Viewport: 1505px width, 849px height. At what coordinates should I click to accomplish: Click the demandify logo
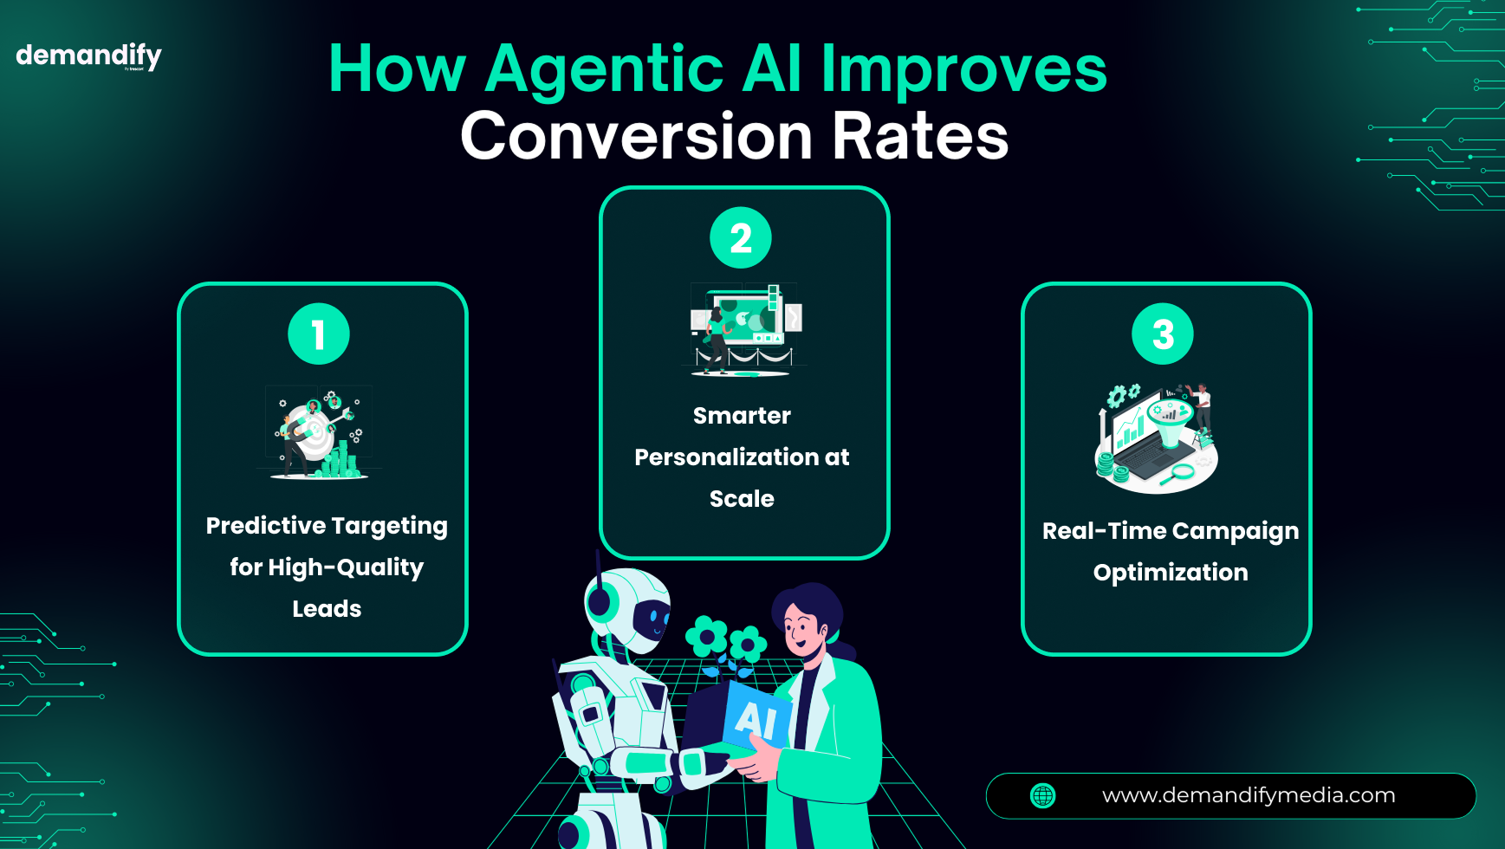coord(88,56)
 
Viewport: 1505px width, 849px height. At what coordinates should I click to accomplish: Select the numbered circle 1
coord(319,334)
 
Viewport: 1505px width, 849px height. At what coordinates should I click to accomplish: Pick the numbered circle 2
coord(741,237)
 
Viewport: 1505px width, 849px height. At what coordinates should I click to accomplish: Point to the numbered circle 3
coord(1163,334)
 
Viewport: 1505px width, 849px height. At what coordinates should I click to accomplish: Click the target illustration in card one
coord(319,432)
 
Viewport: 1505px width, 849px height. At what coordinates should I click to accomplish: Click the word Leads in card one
coord(327,609)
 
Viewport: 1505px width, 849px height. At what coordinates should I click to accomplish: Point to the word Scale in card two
coord(742,499)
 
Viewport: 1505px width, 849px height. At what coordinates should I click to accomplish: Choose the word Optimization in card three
coord(1171,573)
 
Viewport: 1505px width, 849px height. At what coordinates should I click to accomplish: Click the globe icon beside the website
coord(1043,795)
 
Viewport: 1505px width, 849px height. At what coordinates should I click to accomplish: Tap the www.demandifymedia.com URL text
coord(1249,795)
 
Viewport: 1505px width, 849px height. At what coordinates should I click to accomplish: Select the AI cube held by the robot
coord(743,716)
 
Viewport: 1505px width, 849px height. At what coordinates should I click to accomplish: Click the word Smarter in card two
coord(742,416)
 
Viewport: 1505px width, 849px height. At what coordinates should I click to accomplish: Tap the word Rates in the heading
coord(920,136)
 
